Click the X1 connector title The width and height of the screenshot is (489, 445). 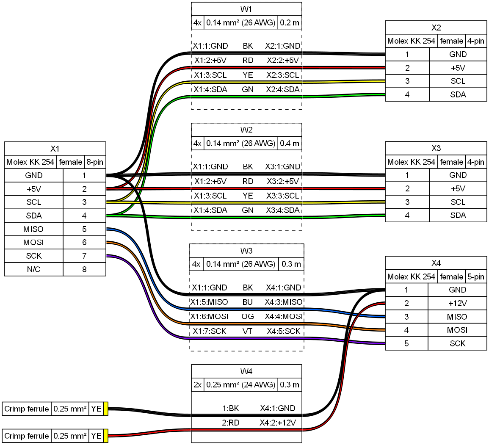(x=55, y=149)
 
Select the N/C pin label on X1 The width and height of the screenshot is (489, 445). (x=33, y=269)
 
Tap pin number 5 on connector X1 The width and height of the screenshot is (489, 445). (x=84, y=229)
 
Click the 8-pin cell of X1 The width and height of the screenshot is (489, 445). (x=95, y=162)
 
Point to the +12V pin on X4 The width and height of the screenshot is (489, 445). (x=457, y=303)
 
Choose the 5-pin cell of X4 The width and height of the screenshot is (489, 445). (x=475, y=276)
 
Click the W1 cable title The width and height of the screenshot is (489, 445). (x=246, y=9)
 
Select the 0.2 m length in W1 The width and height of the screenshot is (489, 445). (x=290, y=23)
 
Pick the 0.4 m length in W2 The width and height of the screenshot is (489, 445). (x=290, y=144)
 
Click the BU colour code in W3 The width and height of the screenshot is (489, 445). (x=248, y=302)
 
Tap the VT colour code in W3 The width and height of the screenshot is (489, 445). (x=248, y=331)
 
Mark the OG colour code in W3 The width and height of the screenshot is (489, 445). (x=248, y=316)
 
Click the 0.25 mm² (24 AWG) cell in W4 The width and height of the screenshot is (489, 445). (x=240, y=385)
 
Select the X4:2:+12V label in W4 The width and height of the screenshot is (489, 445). (x=277, y=423)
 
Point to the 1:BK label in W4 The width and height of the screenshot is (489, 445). (x=231, y=409)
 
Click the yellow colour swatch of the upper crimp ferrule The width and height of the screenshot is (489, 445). (x=106, y=409)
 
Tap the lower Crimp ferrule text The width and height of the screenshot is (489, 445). (x=27, y=436)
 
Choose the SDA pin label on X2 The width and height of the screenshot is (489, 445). (x=458, y=94)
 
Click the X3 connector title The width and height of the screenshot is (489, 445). (x=436, y=148)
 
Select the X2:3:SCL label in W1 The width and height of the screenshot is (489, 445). (x=283, y=75)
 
